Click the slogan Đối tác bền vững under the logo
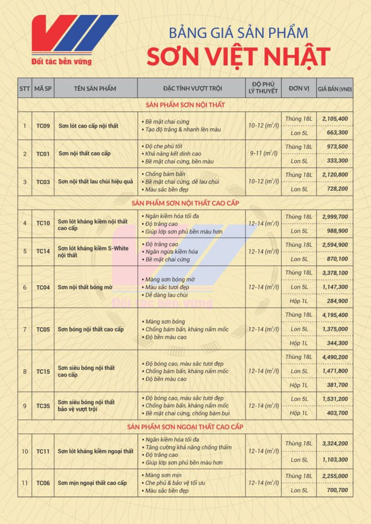pyautogui.click(x=62, y=62)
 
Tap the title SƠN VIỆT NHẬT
pyautogui.click(x=238, y=57)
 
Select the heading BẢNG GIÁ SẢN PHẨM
pyautogui.click(x=239, y=33)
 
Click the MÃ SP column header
pyautogui.click(x=43, y=89)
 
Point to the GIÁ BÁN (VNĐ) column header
pyautogui.click(x=335, y=89)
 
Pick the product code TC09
pyautogui.click(x=43, y=126)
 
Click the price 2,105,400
pyautogui.click(x=335, y=119)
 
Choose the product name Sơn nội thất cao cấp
pyautogui.click(x=84, y=153)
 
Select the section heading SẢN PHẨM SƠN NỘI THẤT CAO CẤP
pyautogui.click(x=185, y=203)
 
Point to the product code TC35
pyautogui.click(x=43, y=406)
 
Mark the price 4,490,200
pyautogui.click(x=335, y=357)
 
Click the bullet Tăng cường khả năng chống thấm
pyautogui.click(x=188, y=447)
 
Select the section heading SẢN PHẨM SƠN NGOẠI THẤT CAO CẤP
pyautogui.click(x=185, y=427)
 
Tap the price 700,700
pyautogui.click(x=337, y=490)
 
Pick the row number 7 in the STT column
pyautogui.click(x=25, y=329)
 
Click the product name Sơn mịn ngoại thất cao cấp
pyautogui.click(x=92, y=483)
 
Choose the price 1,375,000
pyautogui.click(x=335, y=329)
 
